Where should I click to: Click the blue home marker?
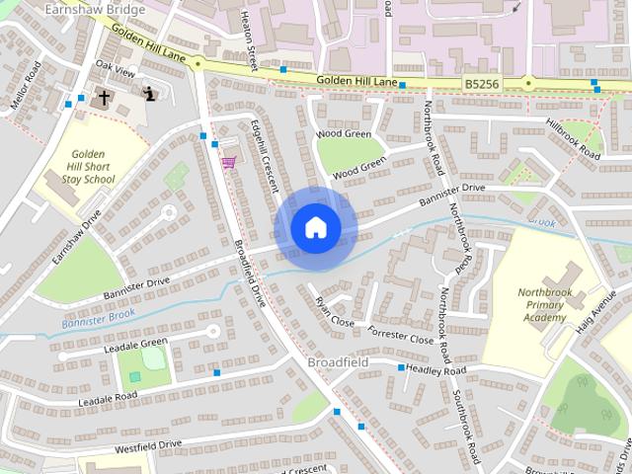315,228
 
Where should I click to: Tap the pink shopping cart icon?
229,162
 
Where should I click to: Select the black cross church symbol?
104,97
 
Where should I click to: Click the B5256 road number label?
482,86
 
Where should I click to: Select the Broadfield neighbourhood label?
339,362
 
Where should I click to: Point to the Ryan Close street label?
334,312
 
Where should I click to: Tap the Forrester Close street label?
400,334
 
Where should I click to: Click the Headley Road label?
436,369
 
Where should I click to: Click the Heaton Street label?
249,39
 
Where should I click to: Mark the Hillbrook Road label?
573,139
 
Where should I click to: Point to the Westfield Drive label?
148,445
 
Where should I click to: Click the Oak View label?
114,71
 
